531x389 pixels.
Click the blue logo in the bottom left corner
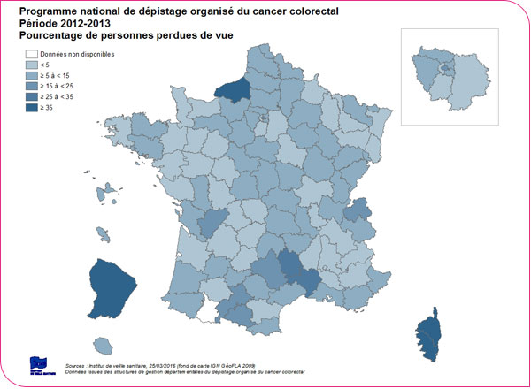coord(41,366)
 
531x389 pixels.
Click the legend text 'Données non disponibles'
coord(78,55)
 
